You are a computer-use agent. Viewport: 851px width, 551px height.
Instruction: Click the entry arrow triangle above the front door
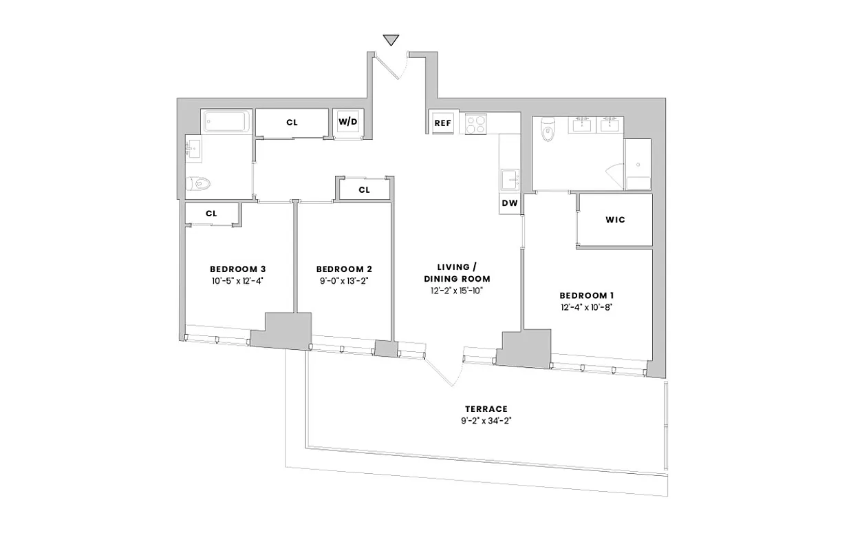coord(391,40)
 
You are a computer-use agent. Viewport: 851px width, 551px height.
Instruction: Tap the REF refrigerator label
coord(442,123)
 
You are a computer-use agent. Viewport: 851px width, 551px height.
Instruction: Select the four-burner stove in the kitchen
coord(476,124)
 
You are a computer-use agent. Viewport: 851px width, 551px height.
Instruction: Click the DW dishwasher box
coord(509,203)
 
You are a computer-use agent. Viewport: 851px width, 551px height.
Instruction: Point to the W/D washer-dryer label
coord(347,122)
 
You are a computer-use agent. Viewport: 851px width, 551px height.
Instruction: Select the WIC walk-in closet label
coord(615,220)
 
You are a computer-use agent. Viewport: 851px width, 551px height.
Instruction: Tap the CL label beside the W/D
coord(292,123)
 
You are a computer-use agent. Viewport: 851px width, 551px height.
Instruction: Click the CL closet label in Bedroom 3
coord(211,214)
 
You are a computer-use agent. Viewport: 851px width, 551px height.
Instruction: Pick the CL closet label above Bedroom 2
coord(364,189)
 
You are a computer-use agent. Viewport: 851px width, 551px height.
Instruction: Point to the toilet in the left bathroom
coord(200,183)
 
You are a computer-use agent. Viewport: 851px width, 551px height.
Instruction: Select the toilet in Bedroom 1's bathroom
coord(548,129)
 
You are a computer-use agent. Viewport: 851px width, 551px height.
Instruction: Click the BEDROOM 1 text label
coord(586,295)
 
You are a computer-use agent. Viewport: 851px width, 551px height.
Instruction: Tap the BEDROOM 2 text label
coord(344,269)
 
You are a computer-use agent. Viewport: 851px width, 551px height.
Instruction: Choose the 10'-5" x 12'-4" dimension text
coord(237,281)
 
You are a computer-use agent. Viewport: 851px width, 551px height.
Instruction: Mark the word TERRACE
coord(486,408)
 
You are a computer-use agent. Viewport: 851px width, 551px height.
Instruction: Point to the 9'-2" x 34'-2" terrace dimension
coord(486,420)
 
